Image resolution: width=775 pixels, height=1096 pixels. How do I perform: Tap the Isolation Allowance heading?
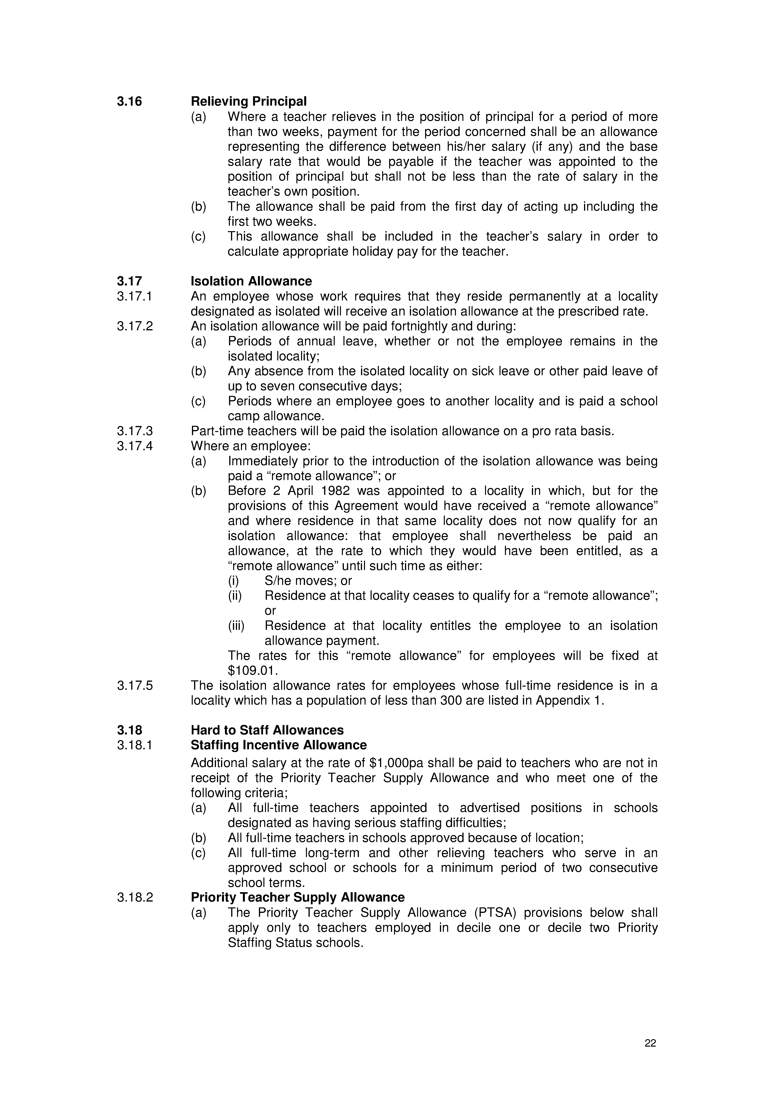click(251, 281)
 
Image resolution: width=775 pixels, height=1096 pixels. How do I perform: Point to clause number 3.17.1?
click(135, 296)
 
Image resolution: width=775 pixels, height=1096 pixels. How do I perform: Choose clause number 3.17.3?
click(135, 431)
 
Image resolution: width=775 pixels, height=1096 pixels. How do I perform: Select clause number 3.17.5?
click(135, 685)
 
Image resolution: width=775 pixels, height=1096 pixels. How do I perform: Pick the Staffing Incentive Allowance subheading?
click(278, 745)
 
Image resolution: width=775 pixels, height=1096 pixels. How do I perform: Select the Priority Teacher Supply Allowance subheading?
click(298, 897)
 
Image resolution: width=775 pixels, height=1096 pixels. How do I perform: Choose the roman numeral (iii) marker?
click(236, 626)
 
